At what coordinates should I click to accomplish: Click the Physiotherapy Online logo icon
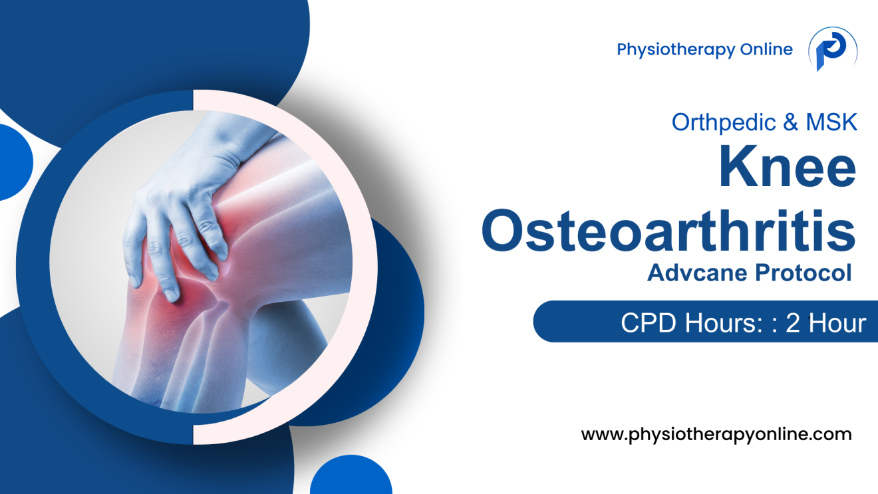(832, 50)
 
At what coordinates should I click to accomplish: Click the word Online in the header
(767, 49)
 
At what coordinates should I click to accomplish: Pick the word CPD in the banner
(645, 322)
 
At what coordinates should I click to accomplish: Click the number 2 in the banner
(792, 322)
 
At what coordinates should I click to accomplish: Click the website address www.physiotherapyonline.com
(716, 435)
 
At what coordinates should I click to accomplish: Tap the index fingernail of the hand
(171, 293)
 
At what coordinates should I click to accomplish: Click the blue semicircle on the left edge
(13, 162)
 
